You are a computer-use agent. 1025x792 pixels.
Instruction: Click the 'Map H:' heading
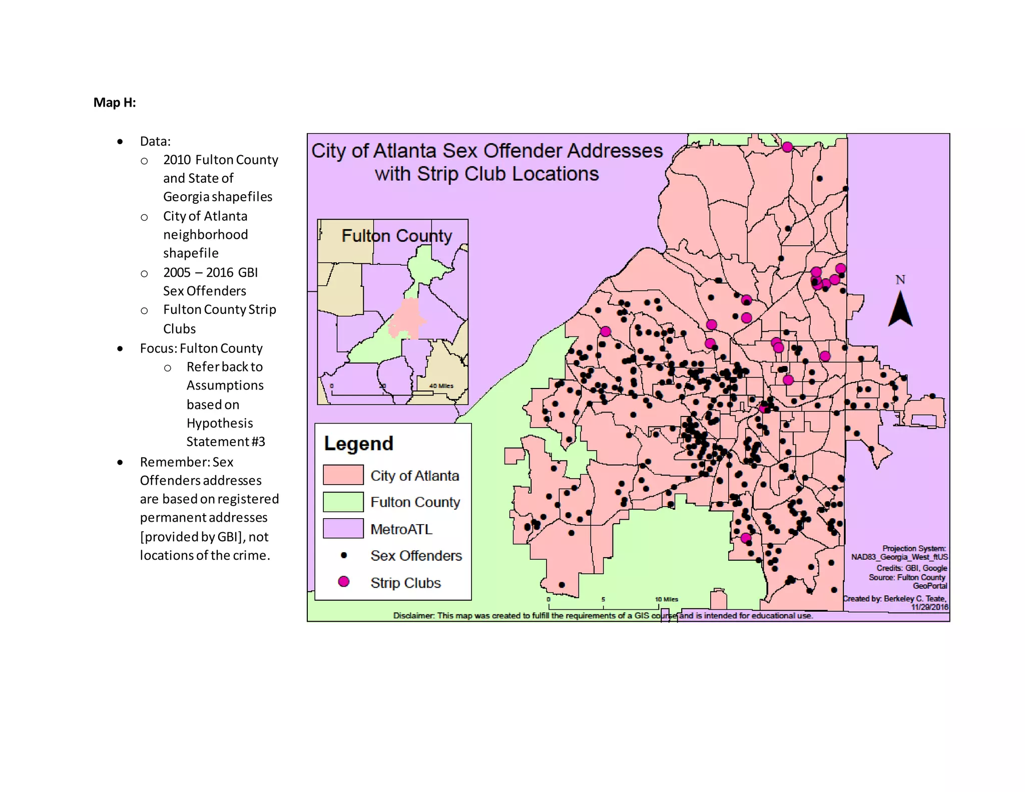click(115, 103)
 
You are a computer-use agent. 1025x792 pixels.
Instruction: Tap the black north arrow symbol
click(900, 311)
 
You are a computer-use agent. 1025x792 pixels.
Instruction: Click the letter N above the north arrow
click(900, 280)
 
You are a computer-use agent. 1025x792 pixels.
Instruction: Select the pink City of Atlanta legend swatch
click(343, 475)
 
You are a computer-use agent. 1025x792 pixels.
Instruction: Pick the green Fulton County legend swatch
click(343, 502)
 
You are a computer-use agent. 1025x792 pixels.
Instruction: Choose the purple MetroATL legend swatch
click(343, 528)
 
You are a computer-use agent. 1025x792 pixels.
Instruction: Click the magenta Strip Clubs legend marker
click(343, 581)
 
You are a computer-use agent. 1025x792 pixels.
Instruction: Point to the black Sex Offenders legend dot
click(343, 555)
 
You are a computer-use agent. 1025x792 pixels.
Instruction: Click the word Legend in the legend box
click(358, 444)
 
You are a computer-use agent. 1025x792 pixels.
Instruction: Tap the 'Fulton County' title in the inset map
click(396, 236)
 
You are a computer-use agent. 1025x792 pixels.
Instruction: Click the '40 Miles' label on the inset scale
click(441, 385)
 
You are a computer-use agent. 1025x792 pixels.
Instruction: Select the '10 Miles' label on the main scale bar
click(667, 599)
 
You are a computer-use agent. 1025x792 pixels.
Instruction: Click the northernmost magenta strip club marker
click(787, 147)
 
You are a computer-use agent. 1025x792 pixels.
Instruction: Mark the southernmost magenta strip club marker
click(746, 538)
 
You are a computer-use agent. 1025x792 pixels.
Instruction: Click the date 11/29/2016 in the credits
click(929, 607)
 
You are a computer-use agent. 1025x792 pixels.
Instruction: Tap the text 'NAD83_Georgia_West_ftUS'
click(899, 557)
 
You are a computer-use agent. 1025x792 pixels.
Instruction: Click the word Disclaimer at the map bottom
click(413, 615)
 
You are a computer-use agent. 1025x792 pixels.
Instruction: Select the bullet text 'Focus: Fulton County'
click(201, 348)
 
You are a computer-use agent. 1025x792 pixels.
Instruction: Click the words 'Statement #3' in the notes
click(226, 442)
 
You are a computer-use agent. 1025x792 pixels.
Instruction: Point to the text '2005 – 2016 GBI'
click(210, 272)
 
